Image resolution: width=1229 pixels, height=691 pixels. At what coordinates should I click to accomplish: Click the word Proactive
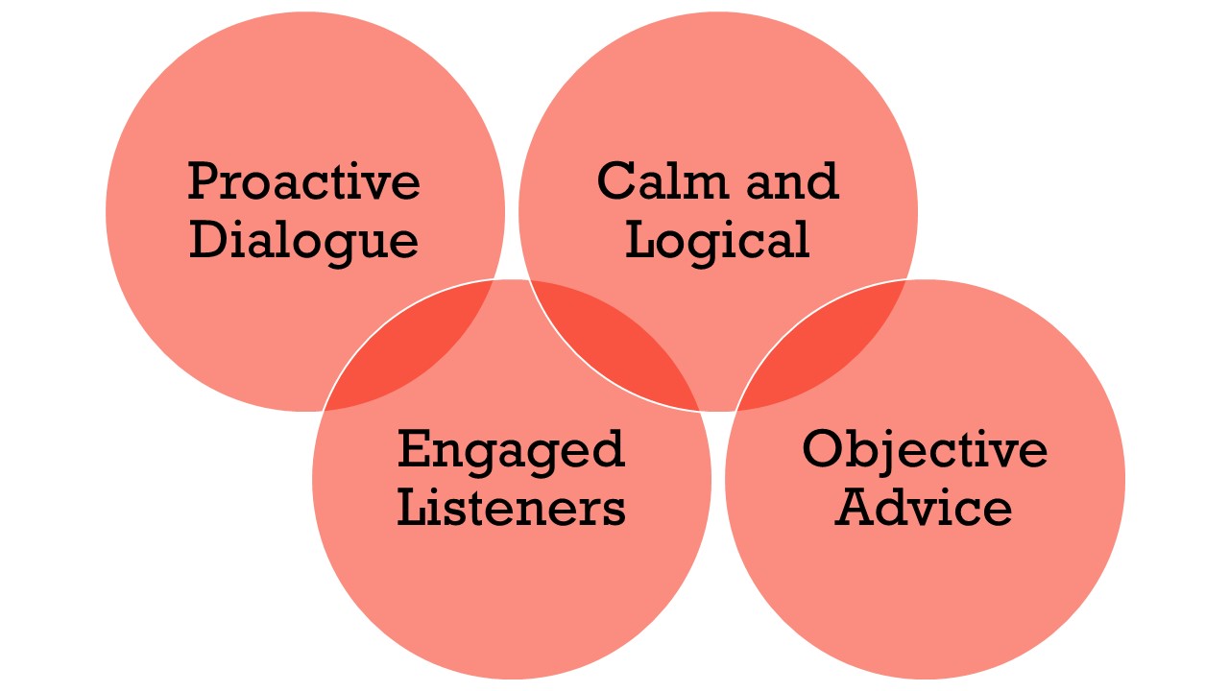(x=303, y=181)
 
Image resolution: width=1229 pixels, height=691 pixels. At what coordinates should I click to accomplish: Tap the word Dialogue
(x=303, y=240)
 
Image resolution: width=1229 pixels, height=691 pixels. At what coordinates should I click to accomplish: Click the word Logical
(x=717, y=240)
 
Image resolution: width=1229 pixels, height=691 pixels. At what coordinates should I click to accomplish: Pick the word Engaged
(x=511, y=449)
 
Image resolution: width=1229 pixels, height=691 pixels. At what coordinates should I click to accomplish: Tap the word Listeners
(x=511, y=508)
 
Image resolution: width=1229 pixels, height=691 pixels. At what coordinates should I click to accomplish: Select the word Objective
(x=925, y=449)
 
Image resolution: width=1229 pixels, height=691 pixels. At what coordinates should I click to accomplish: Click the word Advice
(x=924, y=508)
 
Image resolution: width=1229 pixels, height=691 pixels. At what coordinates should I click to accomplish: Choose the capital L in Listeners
(x=414, y=508)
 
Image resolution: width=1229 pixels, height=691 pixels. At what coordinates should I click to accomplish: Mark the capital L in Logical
(x=642, y=240)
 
